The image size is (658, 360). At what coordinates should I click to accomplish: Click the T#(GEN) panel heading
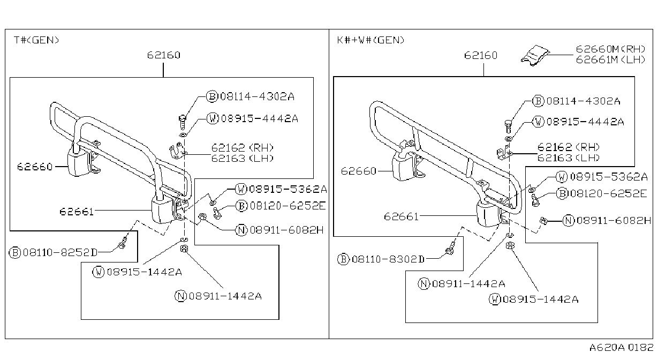[x=36, y=40]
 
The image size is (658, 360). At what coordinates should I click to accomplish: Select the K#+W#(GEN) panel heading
[x=370, y=40]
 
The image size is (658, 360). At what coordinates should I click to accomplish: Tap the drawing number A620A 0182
[x=621, y=348]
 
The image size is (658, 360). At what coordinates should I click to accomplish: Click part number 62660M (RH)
[x=610, y=49]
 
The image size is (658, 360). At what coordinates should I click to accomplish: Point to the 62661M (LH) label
[x=610, y=59]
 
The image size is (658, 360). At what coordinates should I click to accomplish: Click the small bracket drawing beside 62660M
[x=535, y=55]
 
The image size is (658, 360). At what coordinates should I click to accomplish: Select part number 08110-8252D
[x=60, y=252]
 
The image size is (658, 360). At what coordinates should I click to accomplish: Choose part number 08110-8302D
[x=388, y=259]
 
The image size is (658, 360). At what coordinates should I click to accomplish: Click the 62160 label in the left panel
[x=164, y=55]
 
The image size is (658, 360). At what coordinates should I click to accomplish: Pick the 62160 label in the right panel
[x=481, y=56]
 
